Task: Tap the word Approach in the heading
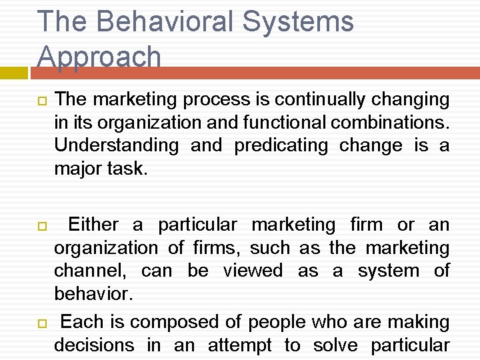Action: click(x=99, y=57)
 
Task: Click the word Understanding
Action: click(x=117, y=145)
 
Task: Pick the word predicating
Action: click(x=281, y=145)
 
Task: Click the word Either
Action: click(x=93, y=225)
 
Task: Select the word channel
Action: click(x=92, y=271)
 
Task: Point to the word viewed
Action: click(x=253, y=271)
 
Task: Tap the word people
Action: click(x=277, y=322)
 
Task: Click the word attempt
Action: click(x=240, y=345)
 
